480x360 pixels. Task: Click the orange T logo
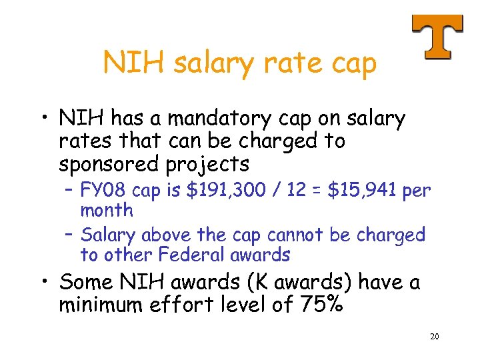pos(437,36)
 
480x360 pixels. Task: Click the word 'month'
pos(107,211)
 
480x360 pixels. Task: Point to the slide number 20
pos(434,337)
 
